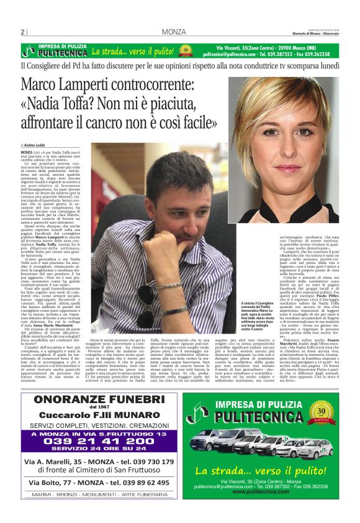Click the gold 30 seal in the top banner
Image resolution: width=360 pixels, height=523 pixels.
click(186, 51)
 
